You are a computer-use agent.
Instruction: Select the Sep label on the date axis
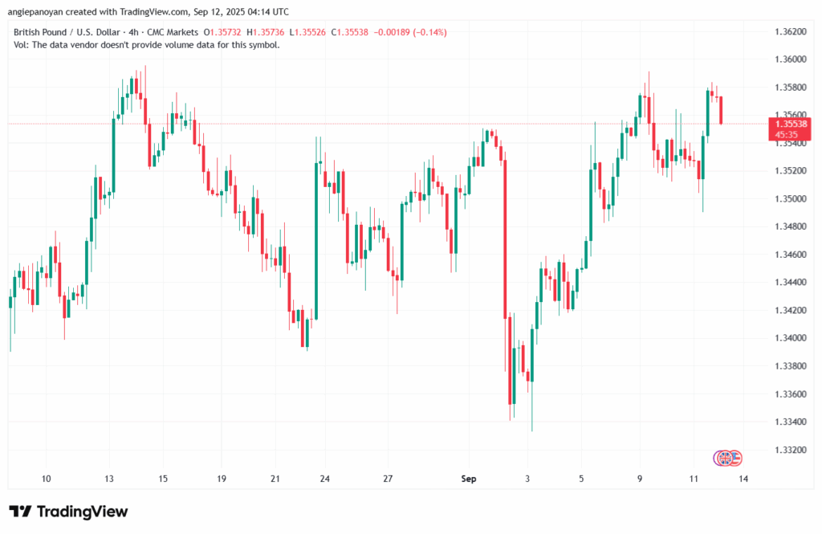(470, 479)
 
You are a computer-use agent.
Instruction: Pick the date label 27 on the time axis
(387, 479)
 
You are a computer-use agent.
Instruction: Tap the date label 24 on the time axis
(324, 479)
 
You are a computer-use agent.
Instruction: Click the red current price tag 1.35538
(790, 124)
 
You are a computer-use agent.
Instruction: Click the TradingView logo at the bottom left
(68, 512)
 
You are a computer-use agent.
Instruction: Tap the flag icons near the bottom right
(728, 458)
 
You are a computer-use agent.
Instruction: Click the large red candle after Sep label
(506, 241)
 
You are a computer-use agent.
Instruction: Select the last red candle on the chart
(722, 110)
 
